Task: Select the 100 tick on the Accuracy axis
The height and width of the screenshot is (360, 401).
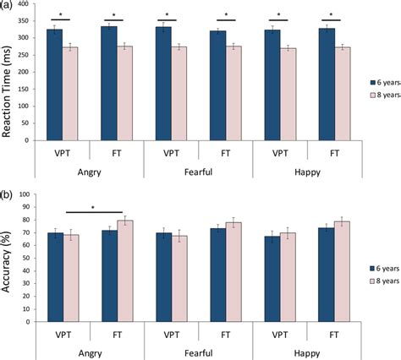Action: tap(27, 194)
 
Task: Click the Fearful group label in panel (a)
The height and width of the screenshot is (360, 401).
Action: tap(198, 167)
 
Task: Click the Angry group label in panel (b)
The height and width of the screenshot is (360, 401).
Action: tap(89, 354)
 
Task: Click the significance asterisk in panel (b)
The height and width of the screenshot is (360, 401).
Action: tap(93, 207)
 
